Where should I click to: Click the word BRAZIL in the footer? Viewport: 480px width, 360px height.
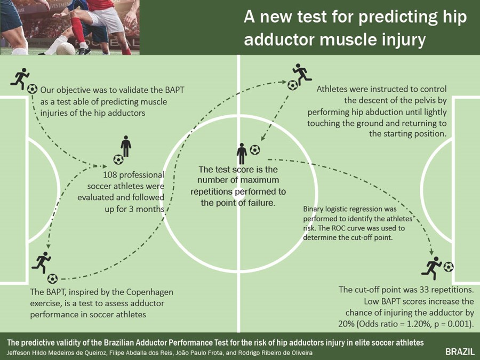pos(460,351)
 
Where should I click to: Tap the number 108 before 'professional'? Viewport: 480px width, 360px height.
pos(109,175)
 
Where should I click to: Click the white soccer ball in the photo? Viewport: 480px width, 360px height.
pos(65,49)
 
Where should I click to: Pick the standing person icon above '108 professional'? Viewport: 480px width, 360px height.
pos(126,146)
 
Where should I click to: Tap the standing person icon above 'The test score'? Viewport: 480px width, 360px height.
pos(242,154)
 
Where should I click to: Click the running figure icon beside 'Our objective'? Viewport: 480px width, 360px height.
pos(20,78)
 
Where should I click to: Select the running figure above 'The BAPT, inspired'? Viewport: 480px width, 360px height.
pos(41,262)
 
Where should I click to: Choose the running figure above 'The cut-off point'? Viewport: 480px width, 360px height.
pos(431,268)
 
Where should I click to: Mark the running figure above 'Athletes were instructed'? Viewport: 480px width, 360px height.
pos(302,74)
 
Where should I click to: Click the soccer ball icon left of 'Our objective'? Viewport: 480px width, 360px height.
pos(32,89)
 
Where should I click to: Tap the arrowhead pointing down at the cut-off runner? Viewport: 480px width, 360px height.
pos(431,252)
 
